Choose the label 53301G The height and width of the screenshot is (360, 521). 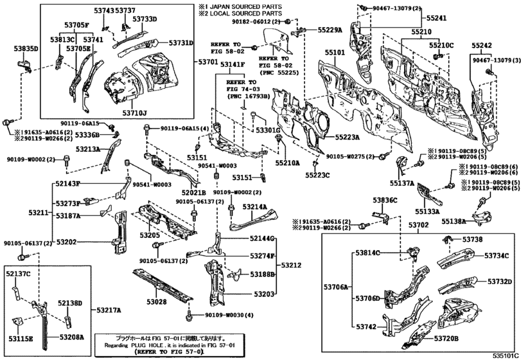[269, 131]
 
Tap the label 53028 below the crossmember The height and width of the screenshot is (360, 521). [157, 301]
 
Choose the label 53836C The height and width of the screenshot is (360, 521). [386, 201]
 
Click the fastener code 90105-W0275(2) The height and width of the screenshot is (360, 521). [351, 156]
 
